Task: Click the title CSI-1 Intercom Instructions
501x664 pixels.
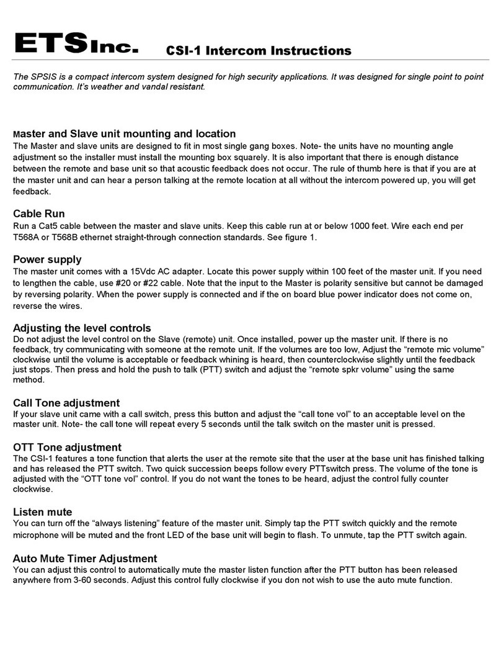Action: pos(258,51)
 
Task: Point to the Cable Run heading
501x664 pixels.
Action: pos(39,213)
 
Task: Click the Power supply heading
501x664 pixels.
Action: pos(47,259)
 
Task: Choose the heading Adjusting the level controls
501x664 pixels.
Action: pos(82,327)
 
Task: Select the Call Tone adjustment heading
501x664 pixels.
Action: pos(66,403)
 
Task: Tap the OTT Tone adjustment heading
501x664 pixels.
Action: pos(67,447)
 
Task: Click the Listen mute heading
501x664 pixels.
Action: pos(43,511)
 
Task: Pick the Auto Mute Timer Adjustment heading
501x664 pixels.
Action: pos(85,558)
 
